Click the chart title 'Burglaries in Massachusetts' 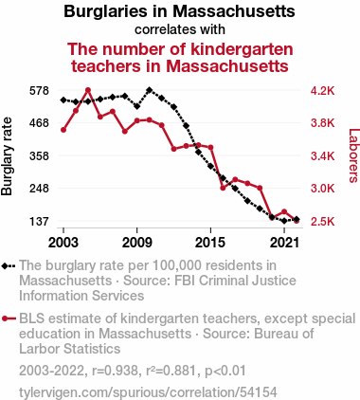(x=179, y=11)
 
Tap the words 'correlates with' (x=180, y=29)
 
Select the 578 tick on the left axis (x=39, y=91)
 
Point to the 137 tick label (x=39, y=222)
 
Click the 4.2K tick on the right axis (x=322, y=91)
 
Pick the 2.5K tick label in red (x=322, y=222)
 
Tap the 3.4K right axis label (x=322, y=156)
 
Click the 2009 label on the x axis (x=137, y=243)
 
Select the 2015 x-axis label (x=210, y=243)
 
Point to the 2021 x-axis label (x=284, y=243)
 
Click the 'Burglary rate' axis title (x=7, y=156)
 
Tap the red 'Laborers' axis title (x=353, y=155)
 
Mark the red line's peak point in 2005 (x=88, y=90)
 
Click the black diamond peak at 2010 (x=150, y=90)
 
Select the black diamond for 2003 (x=63, y=100)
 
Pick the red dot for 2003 (x=63, y=130)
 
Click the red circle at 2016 (x=223, y=188)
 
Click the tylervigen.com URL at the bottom (x=148, y=392)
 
